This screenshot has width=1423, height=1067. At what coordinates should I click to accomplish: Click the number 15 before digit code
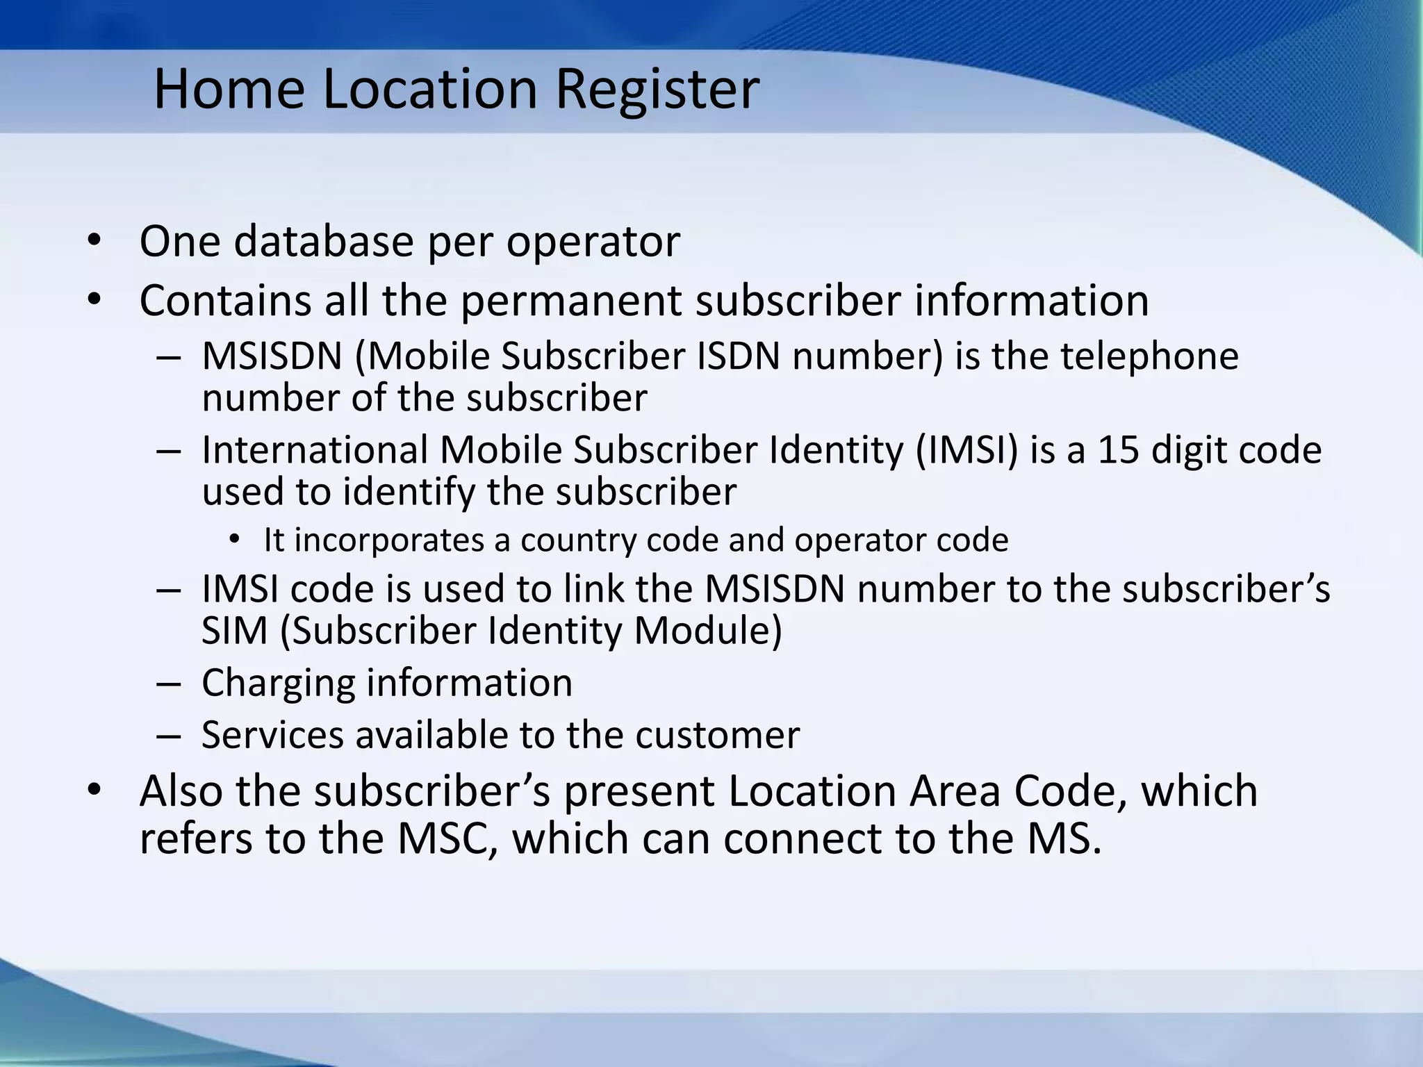(x=1118, y=449)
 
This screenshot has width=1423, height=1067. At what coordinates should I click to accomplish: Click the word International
(x=314, y=449)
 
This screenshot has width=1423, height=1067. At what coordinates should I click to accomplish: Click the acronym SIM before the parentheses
(x=234, y=631)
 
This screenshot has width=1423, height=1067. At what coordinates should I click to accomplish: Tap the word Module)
(x=708, y=631)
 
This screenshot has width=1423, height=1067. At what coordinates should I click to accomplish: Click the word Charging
(x=278, y=683)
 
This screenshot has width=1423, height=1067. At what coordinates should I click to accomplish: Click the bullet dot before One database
(x=94, y=241)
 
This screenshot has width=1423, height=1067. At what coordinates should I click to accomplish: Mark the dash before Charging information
(x=169, y=684)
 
